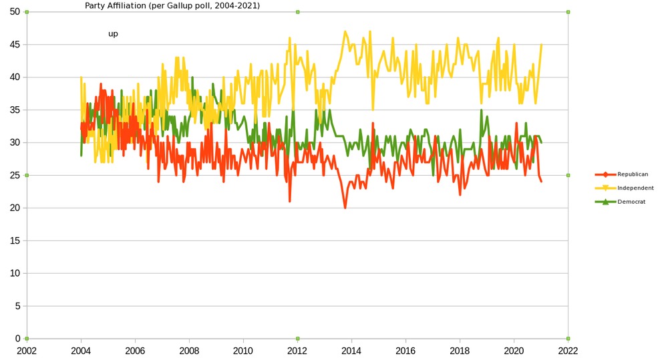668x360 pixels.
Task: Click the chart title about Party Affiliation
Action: point(172,5)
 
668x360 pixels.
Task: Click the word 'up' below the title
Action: point(113,33)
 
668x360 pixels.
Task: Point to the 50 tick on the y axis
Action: point(15,12)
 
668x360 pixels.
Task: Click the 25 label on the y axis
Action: point(15,176)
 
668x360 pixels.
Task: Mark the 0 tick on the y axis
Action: point(18,339)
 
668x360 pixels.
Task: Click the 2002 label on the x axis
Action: point(27,350)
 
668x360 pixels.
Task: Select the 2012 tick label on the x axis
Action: point(297,350)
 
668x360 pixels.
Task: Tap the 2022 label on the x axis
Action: point(568,350)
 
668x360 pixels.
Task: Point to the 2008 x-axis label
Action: point(189,350)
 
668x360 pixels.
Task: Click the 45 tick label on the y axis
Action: point(15,45)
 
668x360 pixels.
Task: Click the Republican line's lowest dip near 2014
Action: point(345,208)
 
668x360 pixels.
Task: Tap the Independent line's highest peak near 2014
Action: point(345,31)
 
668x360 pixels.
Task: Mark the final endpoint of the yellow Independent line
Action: point(541,45)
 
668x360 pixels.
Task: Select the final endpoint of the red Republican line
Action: point(541,182)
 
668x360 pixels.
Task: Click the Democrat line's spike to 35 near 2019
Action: point(481,110)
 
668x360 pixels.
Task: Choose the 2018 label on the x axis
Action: point(460,350)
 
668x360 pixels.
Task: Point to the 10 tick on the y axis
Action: point(15,273)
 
